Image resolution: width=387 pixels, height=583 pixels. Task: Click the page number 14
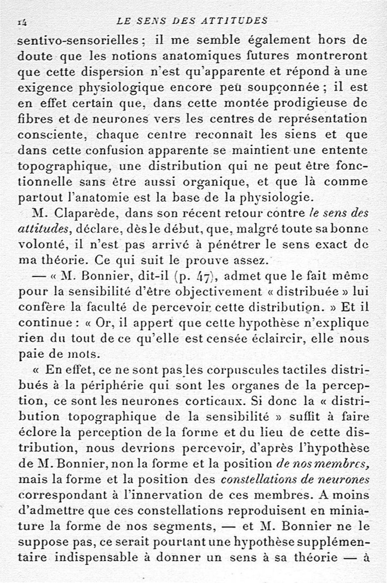click(22, 21)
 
